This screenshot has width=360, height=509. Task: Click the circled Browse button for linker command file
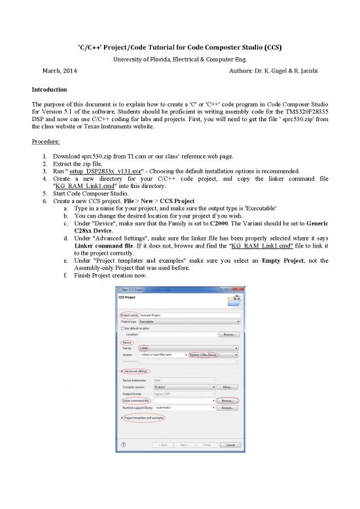click(x=228, y=399)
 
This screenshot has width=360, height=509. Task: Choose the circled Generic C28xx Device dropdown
click(x=214, y=354)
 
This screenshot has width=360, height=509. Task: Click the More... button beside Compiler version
click(x=228, y=386)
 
